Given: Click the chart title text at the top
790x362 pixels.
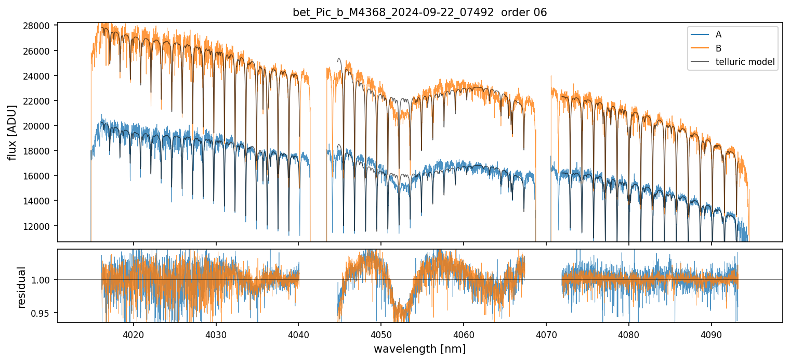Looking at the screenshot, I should [419, 12].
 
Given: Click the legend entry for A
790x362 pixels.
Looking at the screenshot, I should [718, 34].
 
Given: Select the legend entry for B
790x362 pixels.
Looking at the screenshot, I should [718, 48].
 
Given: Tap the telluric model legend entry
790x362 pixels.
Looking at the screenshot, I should [745, 62].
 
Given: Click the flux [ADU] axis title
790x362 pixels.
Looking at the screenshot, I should [12, 132].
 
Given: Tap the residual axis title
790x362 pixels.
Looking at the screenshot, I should [22, 287].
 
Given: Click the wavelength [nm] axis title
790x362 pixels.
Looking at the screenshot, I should [419, 349].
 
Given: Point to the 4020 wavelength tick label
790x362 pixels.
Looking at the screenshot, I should [133, 333].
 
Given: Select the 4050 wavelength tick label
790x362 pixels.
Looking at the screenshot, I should [381, 333].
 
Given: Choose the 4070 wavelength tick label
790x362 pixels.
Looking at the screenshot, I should [546, 333].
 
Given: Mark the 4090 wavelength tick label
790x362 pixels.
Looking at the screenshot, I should [711, 333].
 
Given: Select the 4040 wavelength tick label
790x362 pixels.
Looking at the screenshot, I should [298, 333].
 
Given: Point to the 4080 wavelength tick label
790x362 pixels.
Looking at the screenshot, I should [628, 333].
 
